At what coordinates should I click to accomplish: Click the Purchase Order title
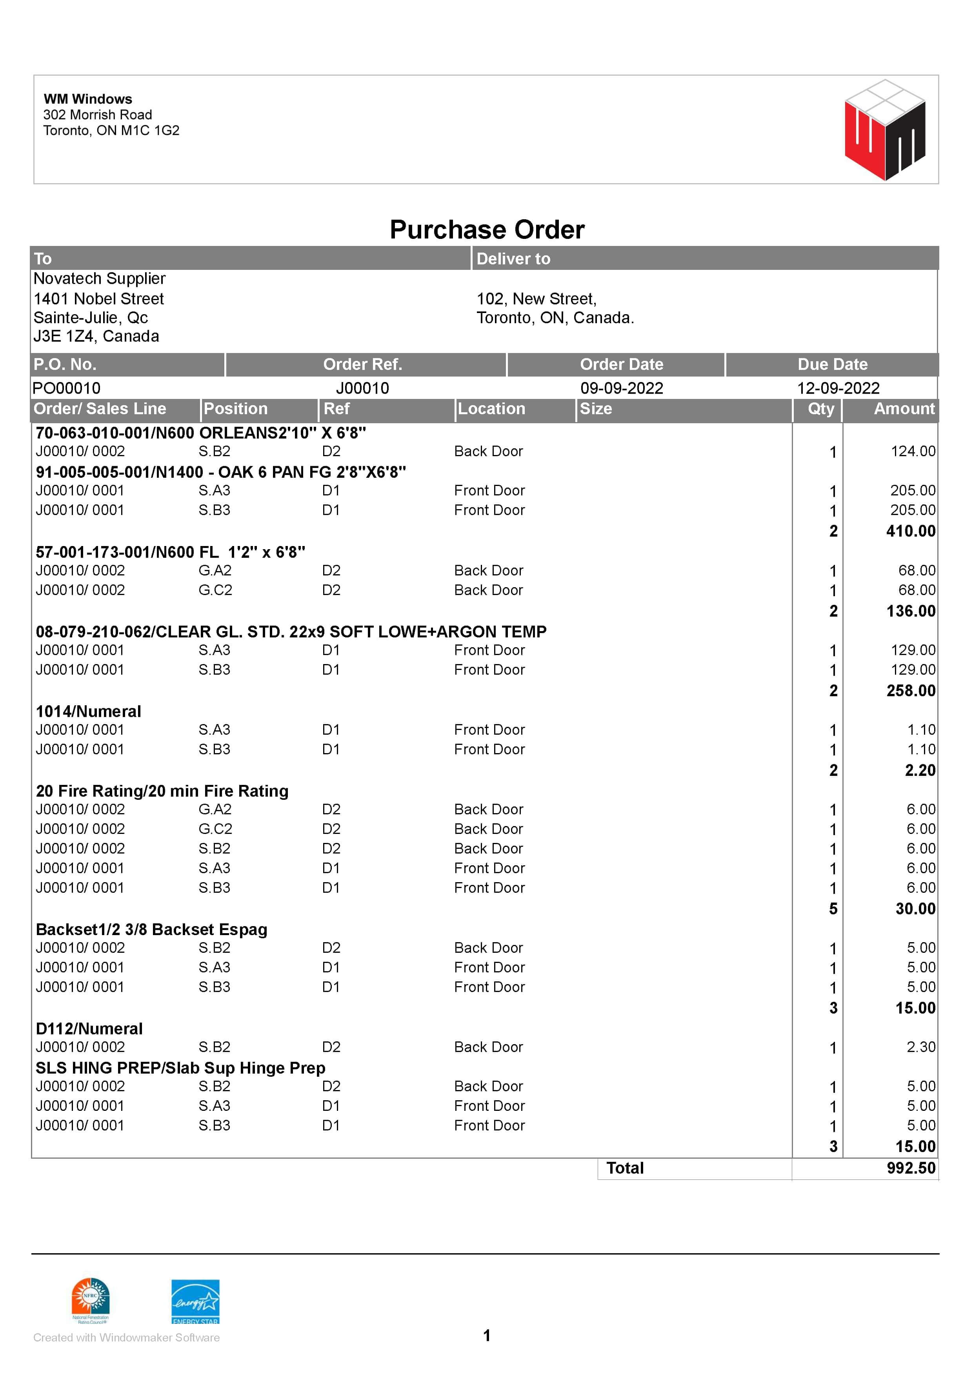[486, 229]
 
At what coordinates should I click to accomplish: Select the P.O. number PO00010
[67, 388]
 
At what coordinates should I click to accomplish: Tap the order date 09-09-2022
[621, 388]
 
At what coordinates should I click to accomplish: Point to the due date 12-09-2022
[838, 388]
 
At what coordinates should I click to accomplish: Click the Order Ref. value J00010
[362, 388]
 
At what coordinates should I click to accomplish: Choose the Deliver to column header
[513, 258]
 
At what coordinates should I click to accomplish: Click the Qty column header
[820, 409]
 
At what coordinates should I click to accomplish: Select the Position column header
[235, 409]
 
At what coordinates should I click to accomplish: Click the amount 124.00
[913, 451]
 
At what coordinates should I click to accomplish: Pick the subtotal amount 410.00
[910, 531]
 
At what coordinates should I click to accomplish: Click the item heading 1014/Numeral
[89, 712]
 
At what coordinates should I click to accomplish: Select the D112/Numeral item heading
[89, 1028]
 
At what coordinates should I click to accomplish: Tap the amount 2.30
[920, 1047]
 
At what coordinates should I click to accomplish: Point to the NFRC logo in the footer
[91, 1299]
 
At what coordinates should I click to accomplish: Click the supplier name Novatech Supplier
[100, 278]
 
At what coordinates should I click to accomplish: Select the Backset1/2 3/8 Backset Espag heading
[152, 930]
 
